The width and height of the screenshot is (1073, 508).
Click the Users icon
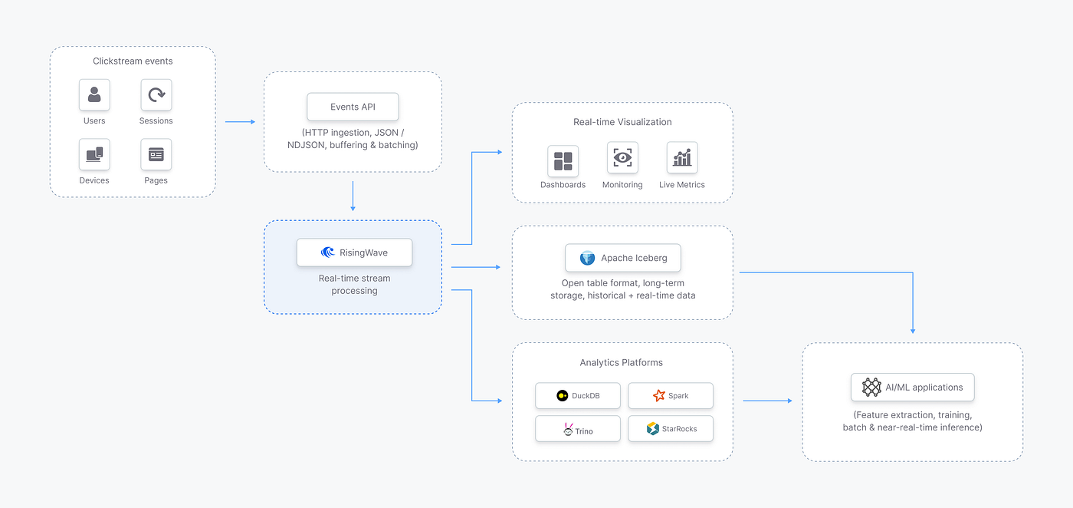[x=94, y=95]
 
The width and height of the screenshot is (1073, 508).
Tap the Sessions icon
[x=156, y=95]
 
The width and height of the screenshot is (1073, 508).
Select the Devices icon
[x=94, y=154]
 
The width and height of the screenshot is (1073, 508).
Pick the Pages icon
[x=156, y=154]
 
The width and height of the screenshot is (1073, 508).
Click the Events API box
[x=353, y=107]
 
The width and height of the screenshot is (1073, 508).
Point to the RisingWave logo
[x=328, y=252]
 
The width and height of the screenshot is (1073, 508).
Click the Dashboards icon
[x=563, y=161]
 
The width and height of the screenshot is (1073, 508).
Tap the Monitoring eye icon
[x=622, y=157]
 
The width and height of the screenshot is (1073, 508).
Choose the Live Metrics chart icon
[x=682, y=157]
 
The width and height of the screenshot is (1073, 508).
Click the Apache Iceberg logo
[x=587, y=258]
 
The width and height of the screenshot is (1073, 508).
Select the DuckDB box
[x=578, y=396]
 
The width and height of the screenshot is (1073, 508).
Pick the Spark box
[x=671, y=396]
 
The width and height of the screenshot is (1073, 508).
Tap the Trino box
[x=578, y=429]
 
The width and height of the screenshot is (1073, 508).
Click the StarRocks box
[x=671, y=429]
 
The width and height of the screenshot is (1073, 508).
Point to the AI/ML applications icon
[x=871, y=387]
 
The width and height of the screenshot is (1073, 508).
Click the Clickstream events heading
[x=133, y=61]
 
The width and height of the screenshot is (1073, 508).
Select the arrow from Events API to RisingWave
[x=353, y=196]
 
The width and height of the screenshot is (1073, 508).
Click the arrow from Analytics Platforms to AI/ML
[x=767, y=401]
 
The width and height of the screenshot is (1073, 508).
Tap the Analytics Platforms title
[x=622, y=363]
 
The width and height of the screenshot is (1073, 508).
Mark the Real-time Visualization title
[x=622, y=122]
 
